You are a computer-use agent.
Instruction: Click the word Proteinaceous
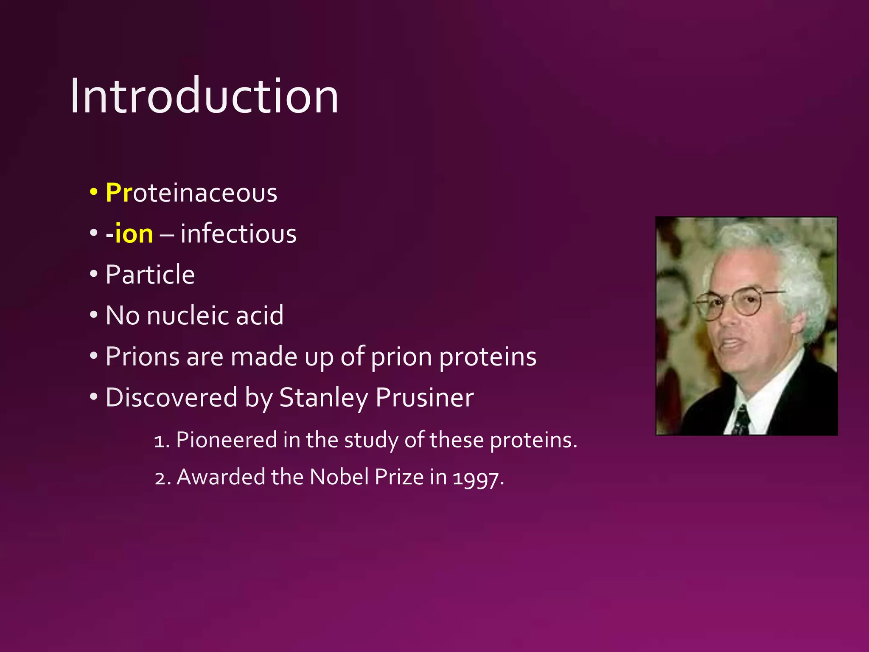point(191,193)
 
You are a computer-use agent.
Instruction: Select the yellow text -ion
point(129,234)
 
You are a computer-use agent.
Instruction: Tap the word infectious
point(238,234)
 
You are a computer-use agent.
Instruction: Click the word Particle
point(150,275)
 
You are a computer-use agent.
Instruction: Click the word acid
point(260,315)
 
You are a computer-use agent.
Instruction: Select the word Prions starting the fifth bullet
point(142,356)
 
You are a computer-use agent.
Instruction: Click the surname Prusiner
point(424,397)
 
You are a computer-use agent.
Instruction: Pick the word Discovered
point(171,397)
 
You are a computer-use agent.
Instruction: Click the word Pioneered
point(226,440)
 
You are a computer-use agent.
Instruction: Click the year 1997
point(476,478)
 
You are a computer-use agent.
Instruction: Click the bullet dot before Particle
point(94,274)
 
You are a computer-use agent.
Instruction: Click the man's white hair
point(785,263)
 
